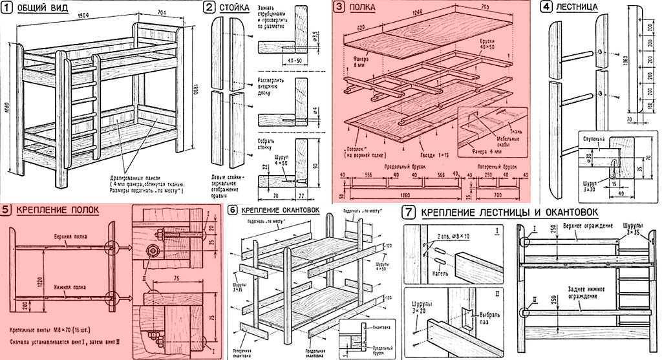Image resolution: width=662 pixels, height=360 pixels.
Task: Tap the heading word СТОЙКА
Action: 233,8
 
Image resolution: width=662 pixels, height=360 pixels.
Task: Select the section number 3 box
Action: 339,7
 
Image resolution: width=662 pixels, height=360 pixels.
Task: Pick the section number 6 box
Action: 233,210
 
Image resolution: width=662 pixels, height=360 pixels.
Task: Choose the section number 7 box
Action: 408,211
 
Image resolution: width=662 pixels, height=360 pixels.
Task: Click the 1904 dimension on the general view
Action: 81,16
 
